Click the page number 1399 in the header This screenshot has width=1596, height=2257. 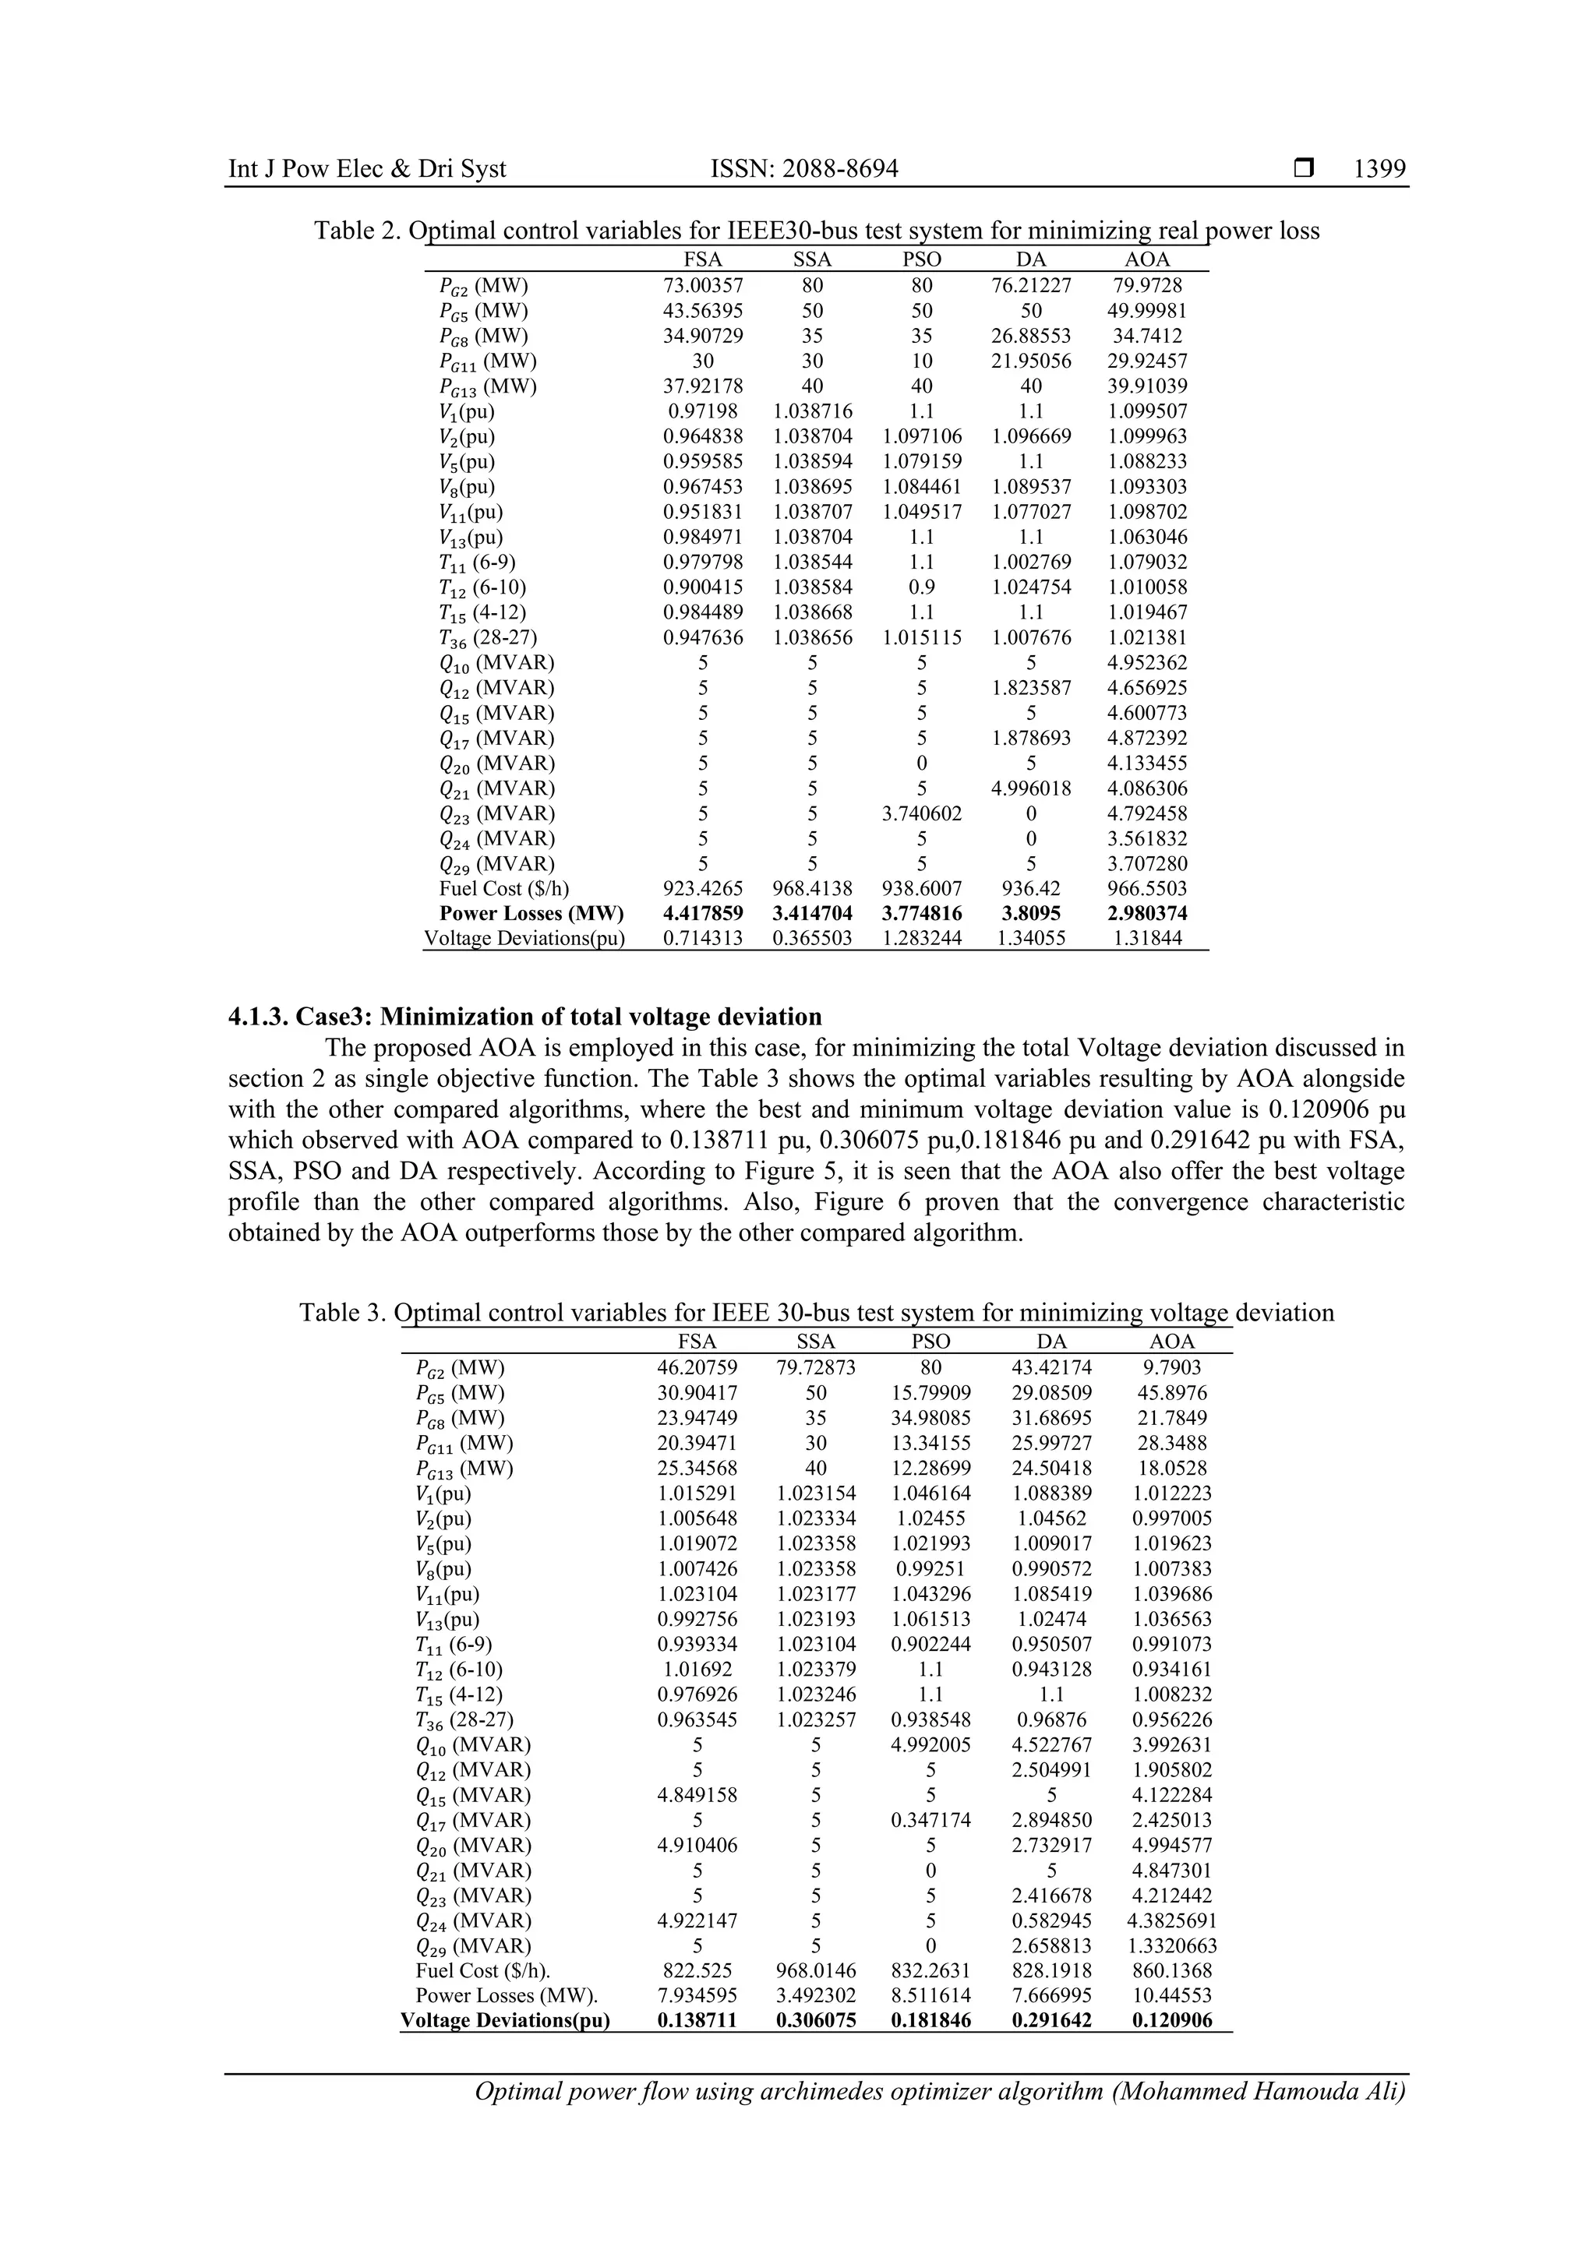click(x=1379, y=169)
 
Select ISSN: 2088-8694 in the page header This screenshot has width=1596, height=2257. click(x=803, y=169)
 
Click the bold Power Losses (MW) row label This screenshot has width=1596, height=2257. click(x=531, y=913)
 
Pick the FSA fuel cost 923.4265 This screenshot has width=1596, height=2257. click(x=702, y=889)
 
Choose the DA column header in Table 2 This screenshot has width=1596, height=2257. click(x=1030, y=259)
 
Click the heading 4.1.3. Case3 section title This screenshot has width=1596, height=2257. click(x=524, y=1017)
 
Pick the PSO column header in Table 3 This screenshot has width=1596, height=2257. click(x=930, y=1342)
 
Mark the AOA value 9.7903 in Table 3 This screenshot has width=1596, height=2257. click(x=1171, y=1367)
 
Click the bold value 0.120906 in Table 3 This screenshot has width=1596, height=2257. click(x=1171, y=2021)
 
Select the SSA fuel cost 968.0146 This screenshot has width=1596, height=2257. click(x=815, y=1971)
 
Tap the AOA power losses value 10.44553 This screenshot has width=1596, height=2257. click(x=1171, y=1995)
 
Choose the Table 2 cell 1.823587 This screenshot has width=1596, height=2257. click(x=1030, y=688)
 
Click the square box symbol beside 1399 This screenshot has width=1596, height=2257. click(x=1304, y=170)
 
